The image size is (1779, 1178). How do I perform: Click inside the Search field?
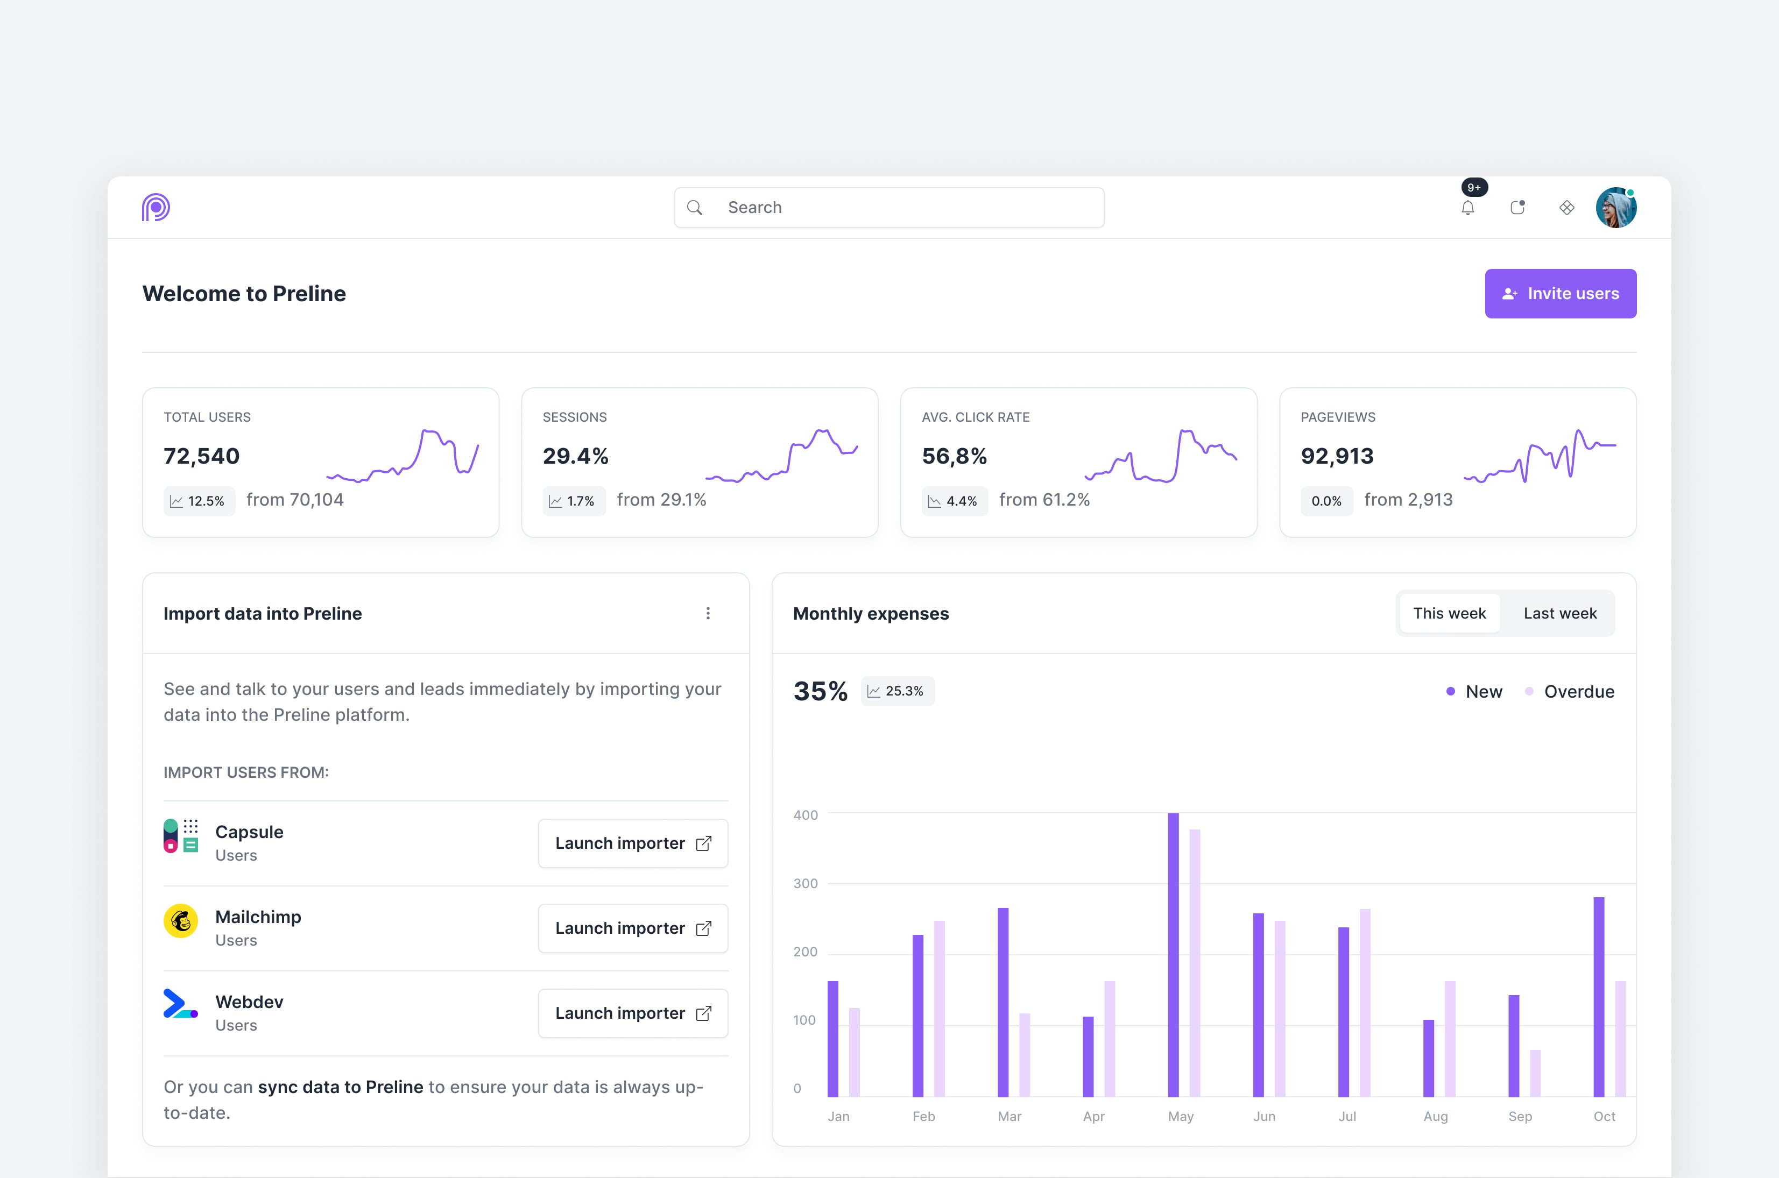click(902, 207)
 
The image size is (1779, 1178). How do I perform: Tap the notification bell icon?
click(1467, 208)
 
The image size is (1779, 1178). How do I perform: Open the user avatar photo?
click(1615, 208)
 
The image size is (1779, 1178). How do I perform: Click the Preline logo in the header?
click(156, 207)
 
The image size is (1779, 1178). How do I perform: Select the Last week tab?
click(1559, 613)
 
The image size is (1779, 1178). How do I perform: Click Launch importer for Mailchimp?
click(633, 928)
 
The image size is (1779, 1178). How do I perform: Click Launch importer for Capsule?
click(633, 843)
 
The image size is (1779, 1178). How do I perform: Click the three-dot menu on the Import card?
click(707, 613)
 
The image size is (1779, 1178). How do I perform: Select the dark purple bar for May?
click(1173, 954)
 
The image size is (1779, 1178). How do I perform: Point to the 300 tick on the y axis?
click(805, 883)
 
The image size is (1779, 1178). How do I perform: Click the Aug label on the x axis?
click(1435, 1116)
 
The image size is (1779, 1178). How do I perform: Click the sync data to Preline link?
click(341, 1087)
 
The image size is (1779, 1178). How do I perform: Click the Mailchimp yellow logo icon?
click(180, 920)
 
